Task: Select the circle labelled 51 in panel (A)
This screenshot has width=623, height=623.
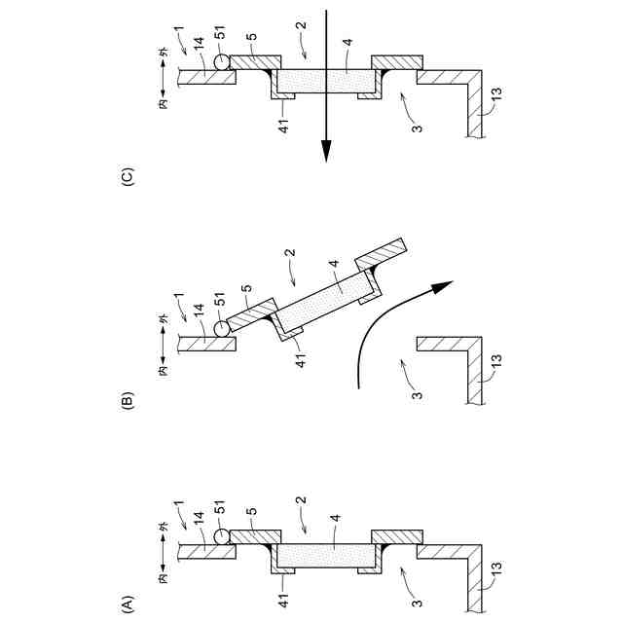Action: pos(223,536)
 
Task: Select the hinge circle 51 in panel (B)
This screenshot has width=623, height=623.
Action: pos(223,326)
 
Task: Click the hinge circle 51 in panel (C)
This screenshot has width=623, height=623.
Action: pos(223,60)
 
